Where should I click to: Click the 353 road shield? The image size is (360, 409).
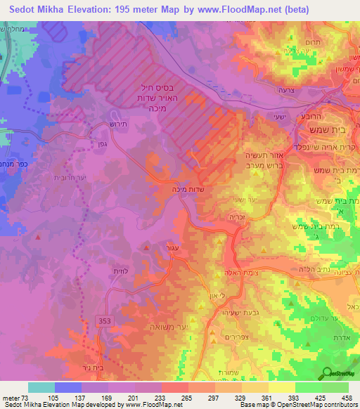click(103, 320)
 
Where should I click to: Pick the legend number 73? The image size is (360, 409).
click(26, 398)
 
